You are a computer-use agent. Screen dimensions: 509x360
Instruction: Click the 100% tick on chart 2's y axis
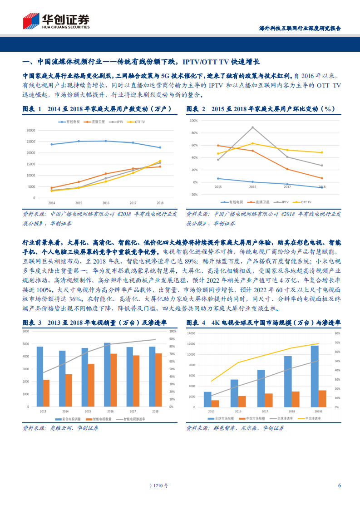pos(193,121)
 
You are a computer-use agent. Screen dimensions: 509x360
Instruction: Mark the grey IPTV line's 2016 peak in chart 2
pos(252,127)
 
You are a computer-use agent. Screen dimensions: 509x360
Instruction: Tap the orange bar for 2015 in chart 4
pos(215,403)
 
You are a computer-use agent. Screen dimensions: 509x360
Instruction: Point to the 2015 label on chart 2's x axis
pos(218,187)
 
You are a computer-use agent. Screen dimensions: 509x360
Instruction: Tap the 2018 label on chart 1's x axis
pos(160,203)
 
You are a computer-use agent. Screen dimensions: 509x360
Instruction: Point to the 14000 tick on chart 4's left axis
pos(193,333)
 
